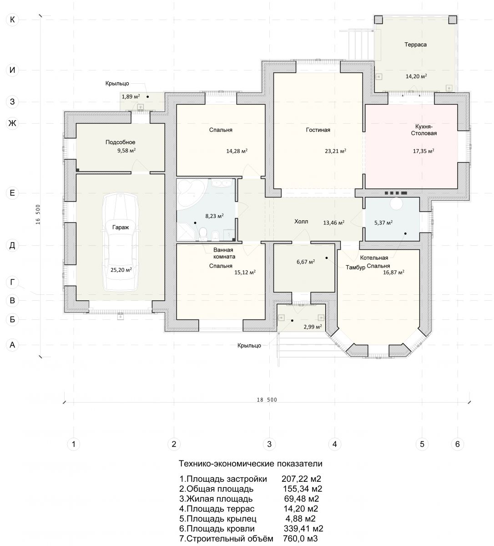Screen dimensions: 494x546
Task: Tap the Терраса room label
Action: (x=415, y=45)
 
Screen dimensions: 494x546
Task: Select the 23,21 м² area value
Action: (x=335, y=151)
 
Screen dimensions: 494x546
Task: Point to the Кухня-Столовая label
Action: (x=424, y=130)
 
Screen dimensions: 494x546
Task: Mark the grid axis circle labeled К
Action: (x=12, y=20)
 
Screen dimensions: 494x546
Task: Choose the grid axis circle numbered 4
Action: (x=334, y=444)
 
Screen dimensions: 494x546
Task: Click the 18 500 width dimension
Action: (x=267, y=400)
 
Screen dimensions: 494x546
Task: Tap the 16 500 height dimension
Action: (x=38, y=214)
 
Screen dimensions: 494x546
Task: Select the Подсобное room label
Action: (x=120, y=142)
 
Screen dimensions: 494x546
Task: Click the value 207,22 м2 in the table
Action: (x=301, y=479)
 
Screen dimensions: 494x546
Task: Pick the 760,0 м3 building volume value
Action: (x=300, y=538)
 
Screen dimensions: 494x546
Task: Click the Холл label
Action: (x=301, y=222)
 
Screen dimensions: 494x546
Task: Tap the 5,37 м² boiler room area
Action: (x=383, y=222)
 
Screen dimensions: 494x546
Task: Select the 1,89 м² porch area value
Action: (x=131, y=96)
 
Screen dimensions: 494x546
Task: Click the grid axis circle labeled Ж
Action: (x=12, y=123)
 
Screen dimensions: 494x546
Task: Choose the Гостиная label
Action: (x=318, y=130)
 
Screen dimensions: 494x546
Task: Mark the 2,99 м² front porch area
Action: (x=313, y=327)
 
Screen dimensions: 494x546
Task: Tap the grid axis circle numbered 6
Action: (x=457, y=444)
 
